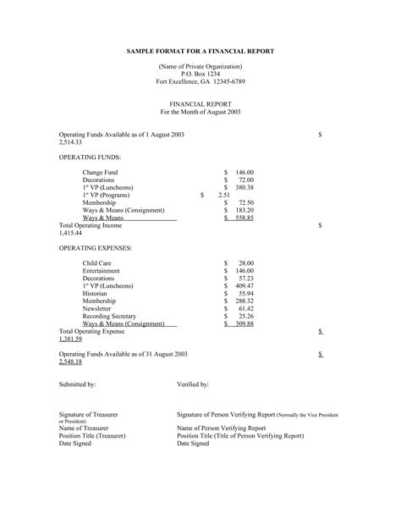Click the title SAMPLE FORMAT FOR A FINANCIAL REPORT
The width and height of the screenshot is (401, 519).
[200, 52]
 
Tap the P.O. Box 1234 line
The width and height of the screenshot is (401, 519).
[200, 74]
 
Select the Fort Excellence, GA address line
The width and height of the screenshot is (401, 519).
[200, 81]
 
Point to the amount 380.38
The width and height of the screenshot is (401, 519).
[244, 187]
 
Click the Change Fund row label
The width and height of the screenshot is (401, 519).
[100, 172]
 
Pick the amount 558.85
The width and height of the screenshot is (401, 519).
[244, 218]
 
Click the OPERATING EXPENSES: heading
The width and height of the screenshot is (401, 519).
[96, 248]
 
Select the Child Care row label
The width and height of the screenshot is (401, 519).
[96, 263]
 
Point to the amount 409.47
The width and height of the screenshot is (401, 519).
[244, 285]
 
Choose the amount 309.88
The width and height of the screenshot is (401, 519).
[244, 323]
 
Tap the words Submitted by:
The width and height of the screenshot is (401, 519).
[77, 384]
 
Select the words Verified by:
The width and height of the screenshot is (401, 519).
[193, 384]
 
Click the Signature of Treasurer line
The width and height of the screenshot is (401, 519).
[88, 414]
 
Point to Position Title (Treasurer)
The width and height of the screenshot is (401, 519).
[92, 435]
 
